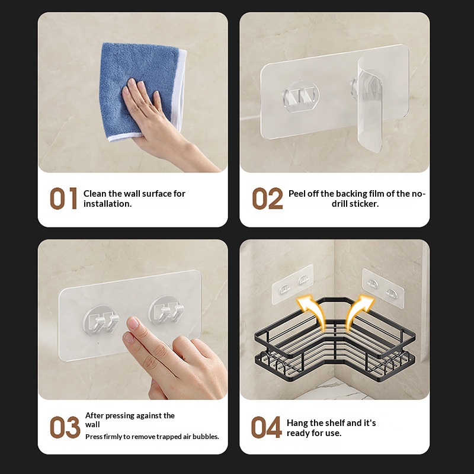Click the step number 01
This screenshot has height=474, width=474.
pyautogui.click(x=63, y=198)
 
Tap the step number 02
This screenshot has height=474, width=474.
pyautogui.click(x=268, y=198)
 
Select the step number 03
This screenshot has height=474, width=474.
pyautogui.click(x=65, y=427)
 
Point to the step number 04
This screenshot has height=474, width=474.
pyautogui.click(x=266, y=427)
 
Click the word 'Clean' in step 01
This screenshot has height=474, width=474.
pyautogui.click(x=95, y=194)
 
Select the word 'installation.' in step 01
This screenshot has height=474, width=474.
pyautogui.click(x=108, y=204)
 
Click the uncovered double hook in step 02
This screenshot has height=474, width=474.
pyautogui.click(x=301, y=96)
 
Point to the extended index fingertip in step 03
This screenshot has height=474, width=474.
pyautogui.click(x=133, y=323)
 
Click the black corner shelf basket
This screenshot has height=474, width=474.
pyautogui.click(x=334, y=338)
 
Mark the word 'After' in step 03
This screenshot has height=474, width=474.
pyautogui.click(x=94, y=416)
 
